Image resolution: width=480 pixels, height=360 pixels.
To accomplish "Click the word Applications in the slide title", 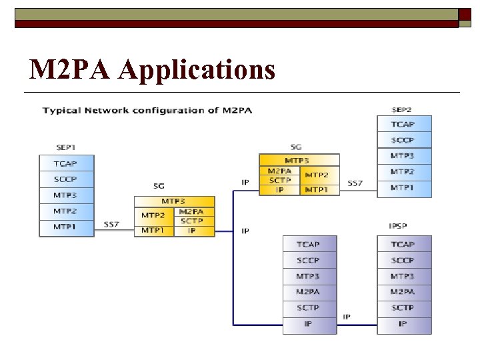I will pyautogui.click(x=197, y=69).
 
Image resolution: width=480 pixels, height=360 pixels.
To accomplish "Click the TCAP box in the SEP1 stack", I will pyautogui.click(x=66, y=163).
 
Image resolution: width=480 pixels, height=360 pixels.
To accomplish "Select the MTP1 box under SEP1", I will pyautogui.click(x=66, y=227).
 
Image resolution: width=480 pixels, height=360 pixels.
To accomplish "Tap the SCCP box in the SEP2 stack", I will pyautogui.click(x=403, y=140).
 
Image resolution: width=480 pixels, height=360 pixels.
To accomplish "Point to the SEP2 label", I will pyautogui.click(x=402, y=109).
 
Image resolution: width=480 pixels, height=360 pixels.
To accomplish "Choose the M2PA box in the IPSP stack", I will pyautogui.click(x=403, y=292).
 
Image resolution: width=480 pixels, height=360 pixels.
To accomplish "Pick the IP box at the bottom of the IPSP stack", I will pyautogui.click(x=403, y=324).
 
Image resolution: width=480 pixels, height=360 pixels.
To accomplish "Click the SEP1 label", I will pyautogui.click(x=65, y=147).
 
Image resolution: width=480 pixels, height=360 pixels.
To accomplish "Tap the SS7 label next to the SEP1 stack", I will pyautogui.click(x=112, y=224).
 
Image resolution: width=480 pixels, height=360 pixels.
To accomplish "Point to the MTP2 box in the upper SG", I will pyautogui.click(x=317, y=175).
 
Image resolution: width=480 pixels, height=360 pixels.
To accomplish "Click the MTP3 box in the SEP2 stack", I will pyautogui.click(x=403, y=156).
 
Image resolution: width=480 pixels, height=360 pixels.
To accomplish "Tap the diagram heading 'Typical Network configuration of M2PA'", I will pyautogui.click(x=147, y=110).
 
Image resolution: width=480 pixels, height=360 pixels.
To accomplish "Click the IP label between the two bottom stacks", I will pyautogui.click(x=347, y=316).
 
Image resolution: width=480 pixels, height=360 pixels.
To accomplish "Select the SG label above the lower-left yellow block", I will pyautogui.click(x=158, y=186).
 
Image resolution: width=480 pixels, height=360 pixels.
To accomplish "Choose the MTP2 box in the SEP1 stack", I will pyautogui.click(x=66, y=211).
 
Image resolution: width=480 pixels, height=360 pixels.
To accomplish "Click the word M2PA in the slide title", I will pyautogui.click(x=73, y=69).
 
